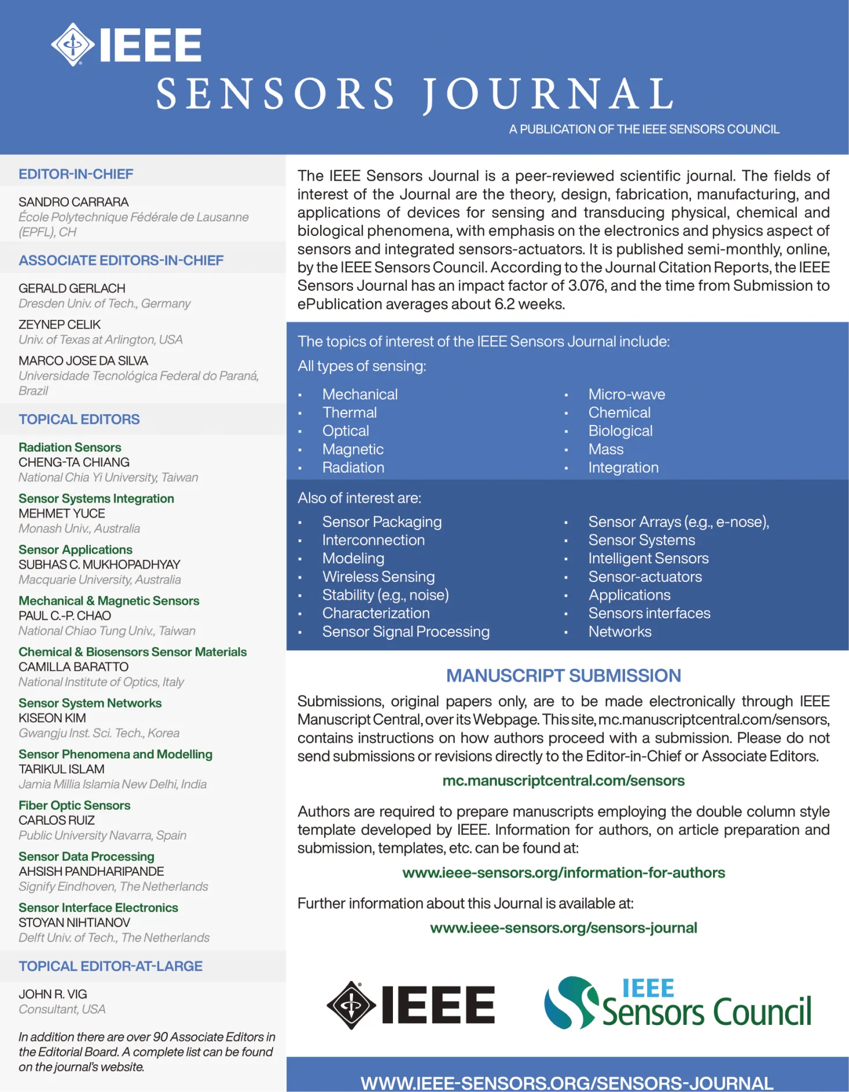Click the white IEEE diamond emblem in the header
pos(72,45)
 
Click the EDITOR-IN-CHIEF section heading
pos(76,174)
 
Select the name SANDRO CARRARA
pos(73,202)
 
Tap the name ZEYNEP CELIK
pos(60,324)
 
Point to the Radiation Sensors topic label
pos(69,447)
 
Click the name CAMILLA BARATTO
pos(73,667)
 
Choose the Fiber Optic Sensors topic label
pos(74,805)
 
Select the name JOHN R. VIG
pos(53,994)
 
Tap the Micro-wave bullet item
pos(627,394)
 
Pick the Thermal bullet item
pos(350,412)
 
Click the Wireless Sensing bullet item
pos(378,577)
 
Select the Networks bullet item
pos(620,632)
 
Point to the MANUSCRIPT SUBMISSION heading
pos(564,675)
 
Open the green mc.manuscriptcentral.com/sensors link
pos(563,781)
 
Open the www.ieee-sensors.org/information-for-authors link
pos(563,872)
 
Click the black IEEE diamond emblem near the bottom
pos(351,1005)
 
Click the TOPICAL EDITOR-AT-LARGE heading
pos(111,966)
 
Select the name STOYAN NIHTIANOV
pos(74,923)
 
